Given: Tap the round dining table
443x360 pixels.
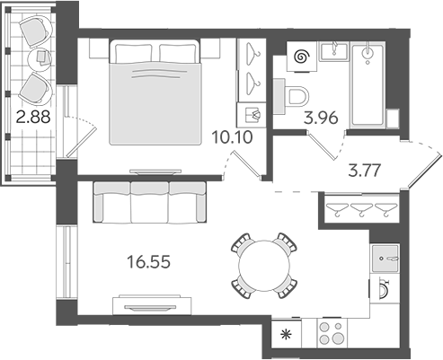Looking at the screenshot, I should pos(263,267).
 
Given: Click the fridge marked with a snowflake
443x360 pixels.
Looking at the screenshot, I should pos(288,335).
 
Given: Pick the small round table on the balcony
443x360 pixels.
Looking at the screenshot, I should pos(42,57).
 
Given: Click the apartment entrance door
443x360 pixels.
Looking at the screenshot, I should pos(416,162).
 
